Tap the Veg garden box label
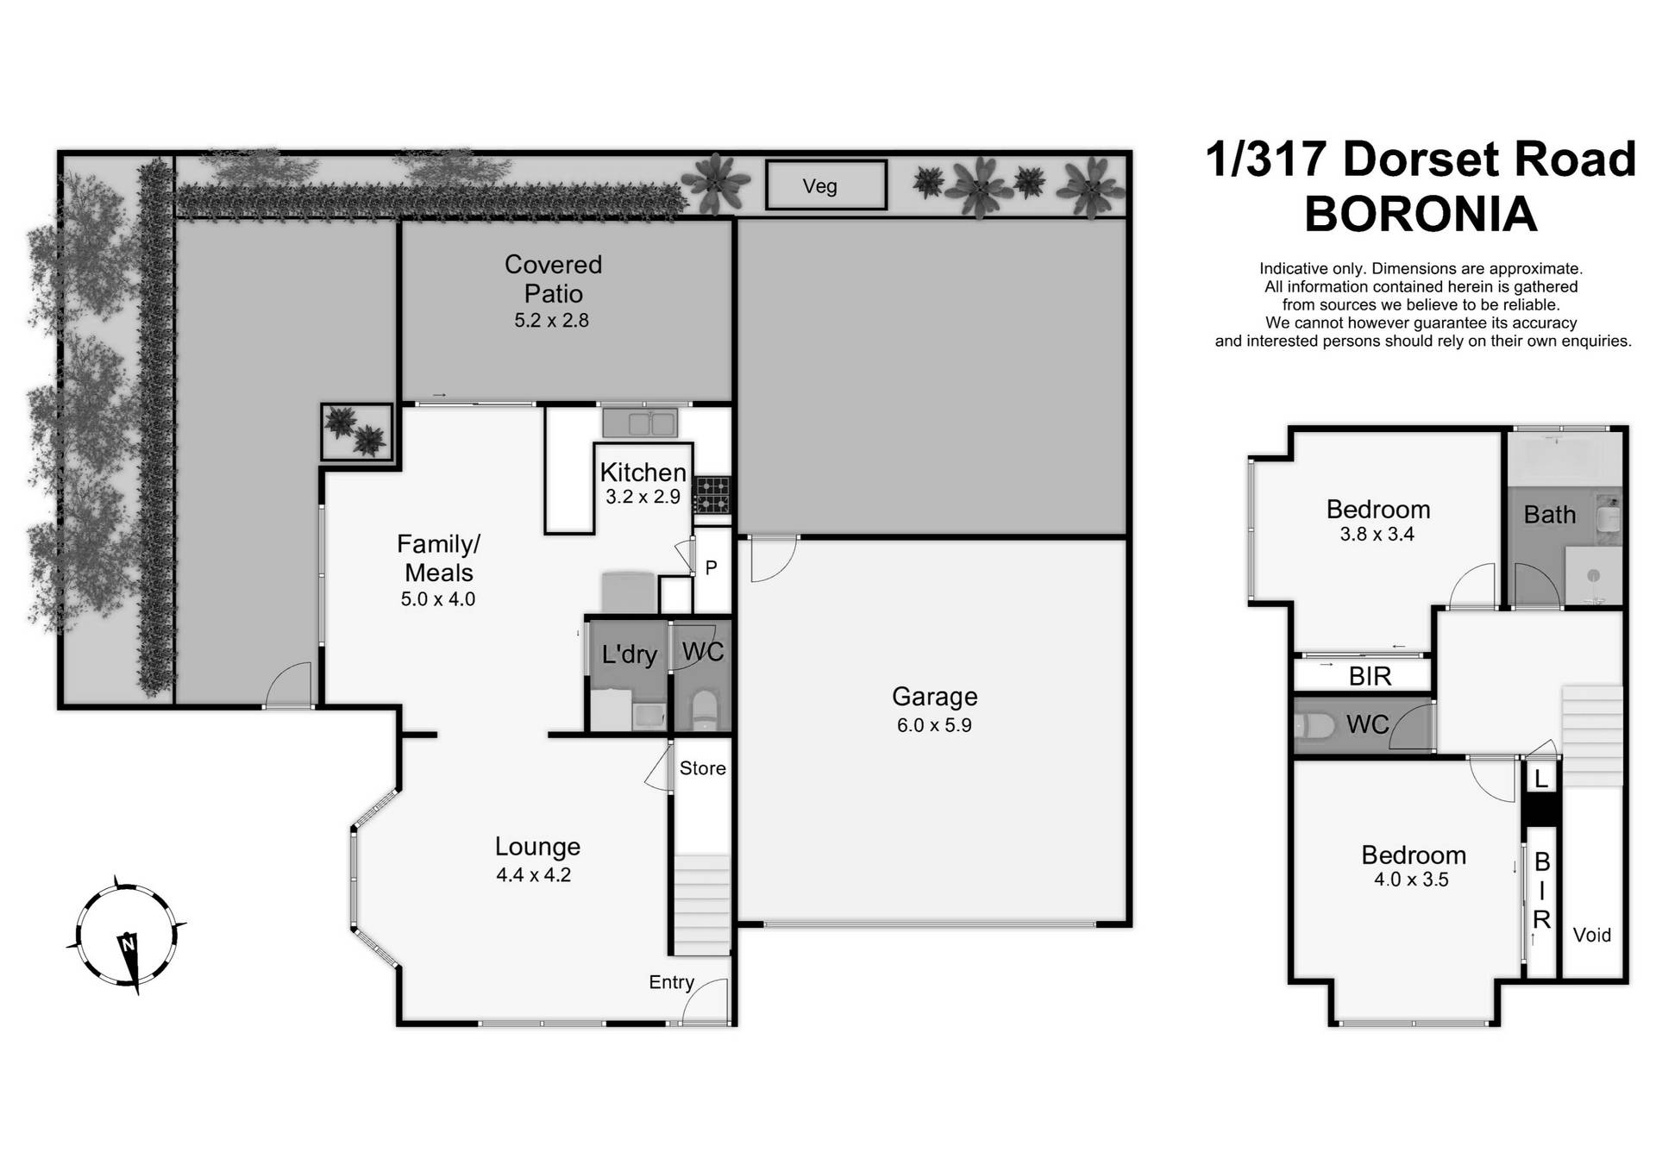(819, 186)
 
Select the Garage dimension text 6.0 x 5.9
(934, 725)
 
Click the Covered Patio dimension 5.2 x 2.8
(552, 321)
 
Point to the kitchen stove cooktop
(712, 495)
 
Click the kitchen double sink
(640, 423)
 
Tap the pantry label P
(712, 567)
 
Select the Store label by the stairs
(702, 768)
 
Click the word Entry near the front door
(671, 982)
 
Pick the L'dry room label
(629, 654)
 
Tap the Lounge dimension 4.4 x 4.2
(533, 875)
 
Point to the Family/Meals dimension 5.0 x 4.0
(438, 599)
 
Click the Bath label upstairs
(1550, 515)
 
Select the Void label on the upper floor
(1592, 936)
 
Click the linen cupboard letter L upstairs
(1541, 780)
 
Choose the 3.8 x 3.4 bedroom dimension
(1377, 535)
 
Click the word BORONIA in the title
(1421, 214)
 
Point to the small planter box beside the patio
(356, 431)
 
